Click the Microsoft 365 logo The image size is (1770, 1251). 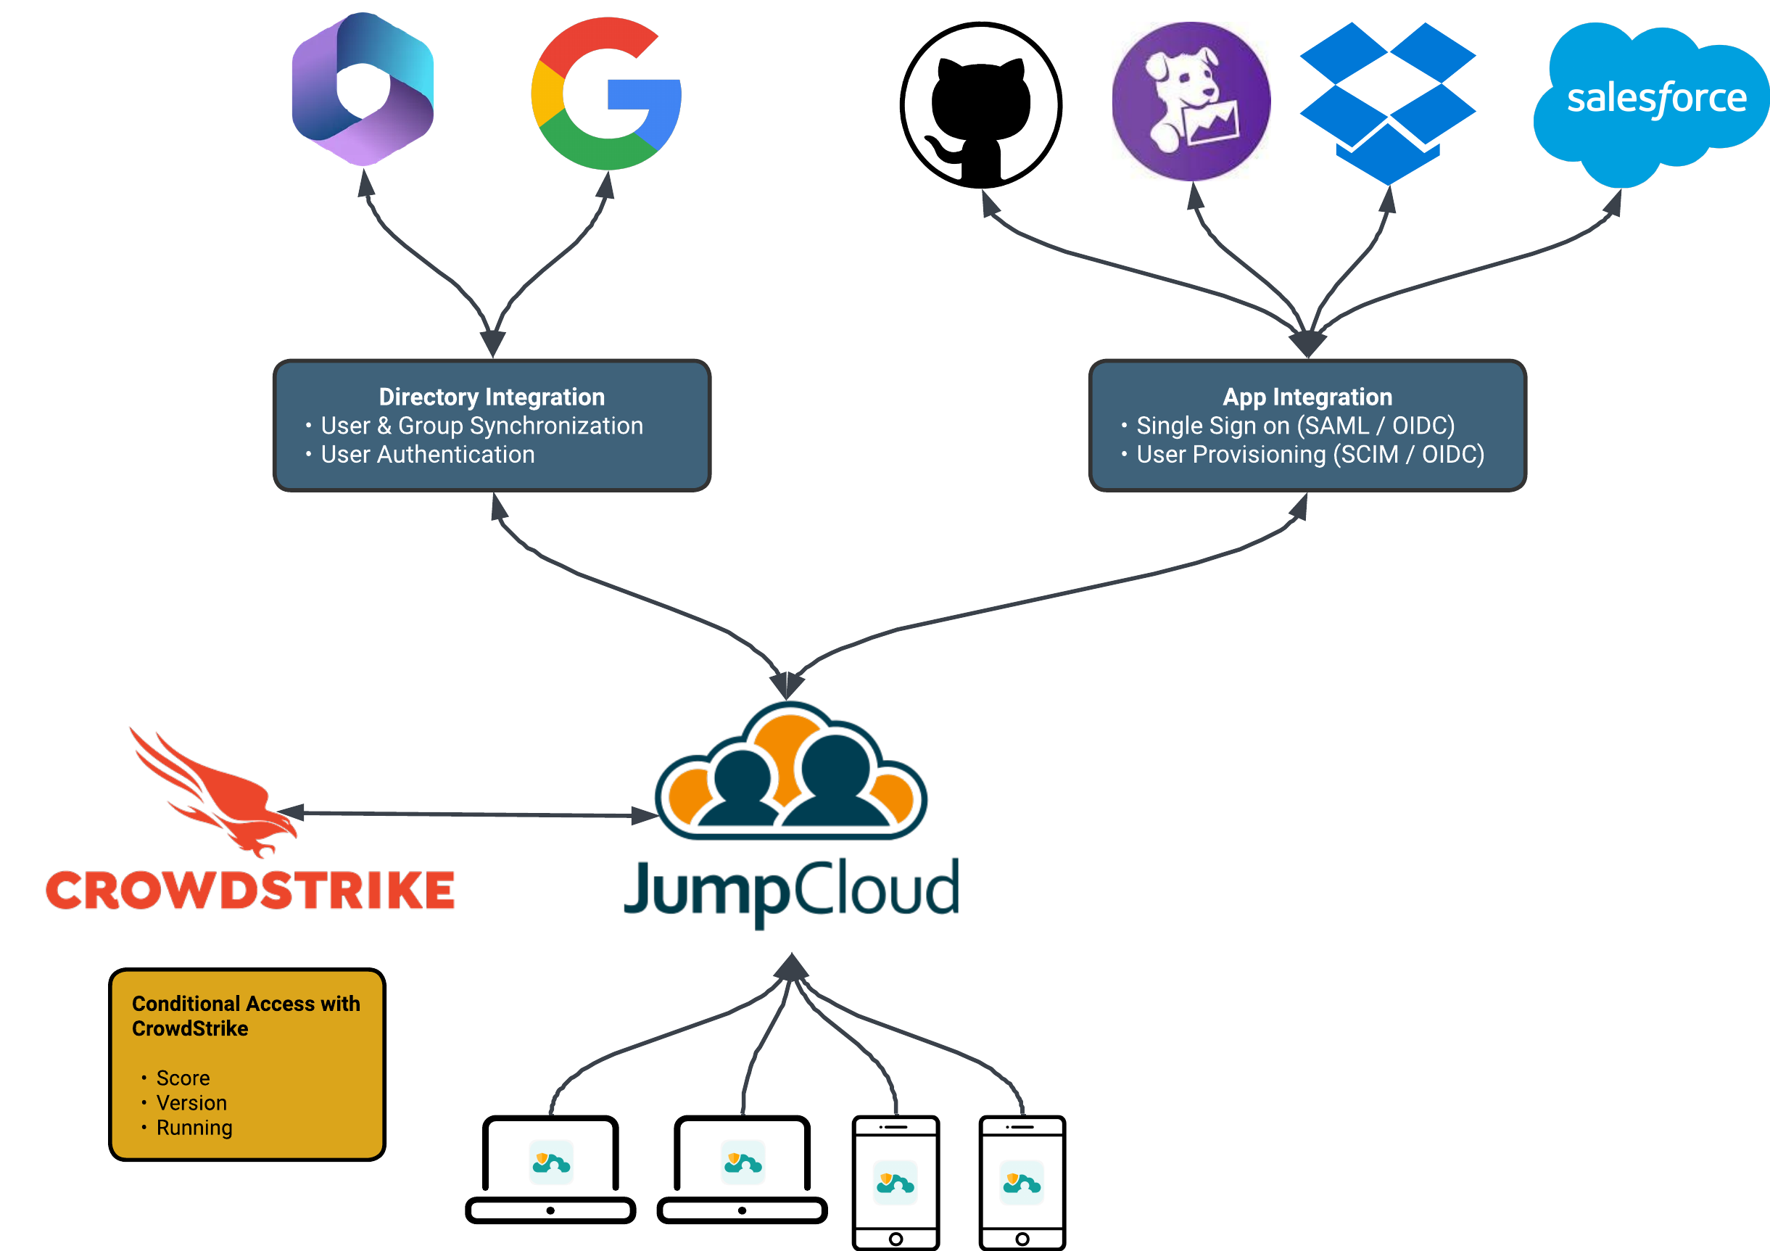click(363, 89)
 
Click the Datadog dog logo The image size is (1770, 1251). click(1191, 101)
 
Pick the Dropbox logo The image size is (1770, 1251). click(1387, 100)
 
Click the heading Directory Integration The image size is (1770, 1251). click(492, 397)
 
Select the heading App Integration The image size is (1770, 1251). click(1307, 397)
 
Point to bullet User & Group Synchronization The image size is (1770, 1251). click(481, 426)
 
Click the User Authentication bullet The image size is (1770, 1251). click(427, 455)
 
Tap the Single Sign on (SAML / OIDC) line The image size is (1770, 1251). click(1295, 426)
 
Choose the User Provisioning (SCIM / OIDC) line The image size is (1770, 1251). click(1310, 455)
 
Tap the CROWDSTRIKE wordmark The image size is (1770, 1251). click(251, 891)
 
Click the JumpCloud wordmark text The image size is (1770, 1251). click(792, 891)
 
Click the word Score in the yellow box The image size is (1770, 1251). click(183, 1078)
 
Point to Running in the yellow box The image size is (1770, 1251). click(194, 1128)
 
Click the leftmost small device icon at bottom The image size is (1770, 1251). click(551, 1162)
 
